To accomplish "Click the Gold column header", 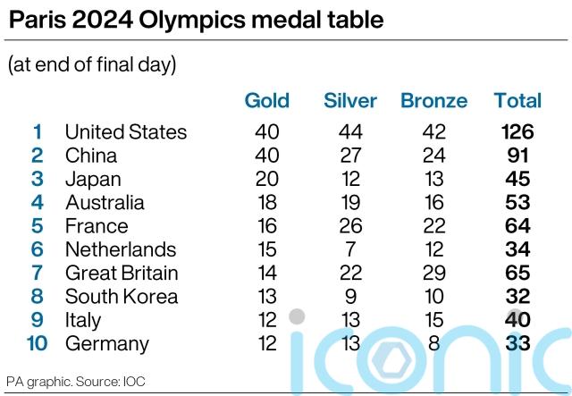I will click(266, 100).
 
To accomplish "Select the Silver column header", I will click(350, 100).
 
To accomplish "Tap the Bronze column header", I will click(433, 100).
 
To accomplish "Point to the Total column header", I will click(517, 100).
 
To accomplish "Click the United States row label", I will click(126, 132).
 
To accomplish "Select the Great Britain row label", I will click(122, 273).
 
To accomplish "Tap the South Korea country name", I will click(122, 297).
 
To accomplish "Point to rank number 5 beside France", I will click(37, 226).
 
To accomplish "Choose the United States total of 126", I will click(517, 132).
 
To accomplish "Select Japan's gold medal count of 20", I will click(266, 179).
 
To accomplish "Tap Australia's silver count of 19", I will click(350, 203).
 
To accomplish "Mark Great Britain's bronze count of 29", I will click(433, 273).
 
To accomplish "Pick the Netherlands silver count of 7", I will click(350, 249).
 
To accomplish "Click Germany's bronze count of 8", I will click(433, 343).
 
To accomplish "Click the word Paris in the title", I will click(33, 21).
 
